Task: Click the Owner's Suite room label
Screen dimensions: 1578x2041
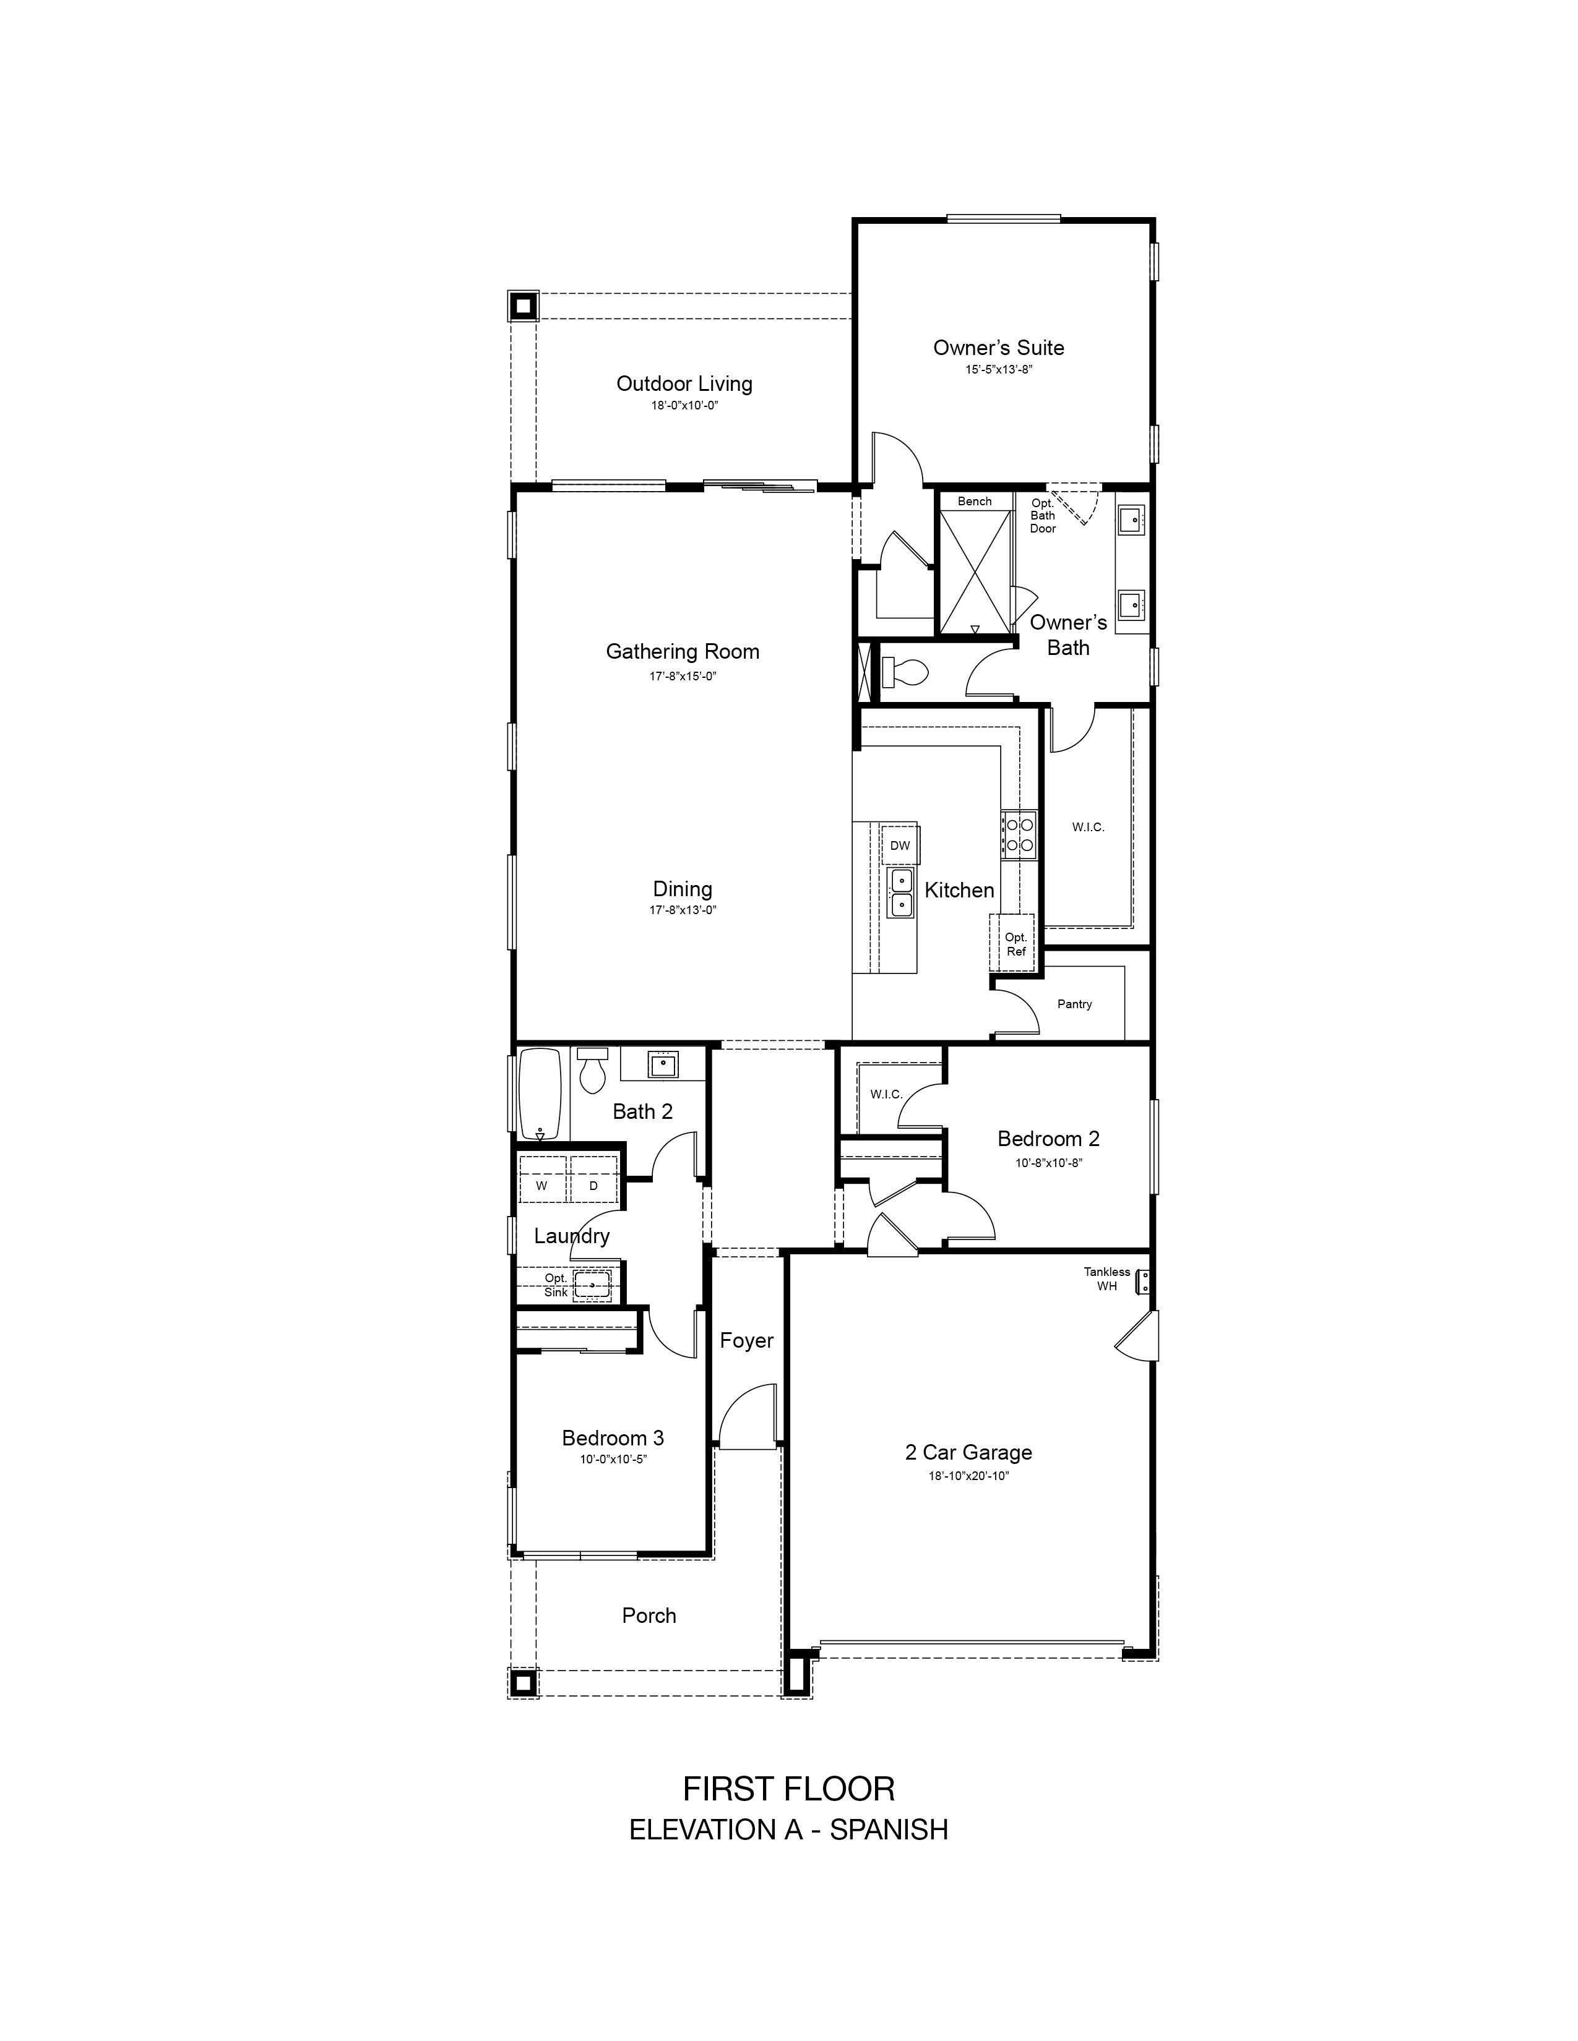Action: click(x=998, y=348)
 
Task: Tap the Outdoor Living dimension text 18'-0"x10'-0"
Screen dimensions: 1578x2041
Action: click(x=684, y=406)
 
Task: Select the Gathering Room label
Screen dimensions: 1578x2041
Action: click(x=683, y=651)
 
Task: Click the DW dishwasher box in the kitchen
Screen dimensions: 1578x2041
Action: click(x=899, y=845)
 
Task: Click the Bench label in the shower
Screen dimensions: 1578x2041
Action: click(x=974, y=502)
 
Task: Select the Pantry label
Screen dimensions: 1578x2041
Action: click(x=1075, y=1004)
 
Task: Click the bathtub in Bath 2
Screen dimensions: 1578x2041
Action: click(x=540, y=1094)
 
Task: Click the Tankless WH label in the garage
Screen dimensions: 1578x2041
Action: click(x=1107, y=1278)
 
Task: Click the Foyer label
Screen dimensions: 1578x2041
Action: click(x=746, y=1340)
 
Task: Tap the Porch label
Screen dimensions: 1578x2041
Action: click(x=649, y=1615)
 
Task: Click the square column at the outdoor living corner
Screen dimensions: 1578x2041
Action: click(x=522, y=306)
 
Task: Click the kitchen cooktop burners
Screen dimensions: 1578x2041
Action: click(x=1018, y=834)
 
